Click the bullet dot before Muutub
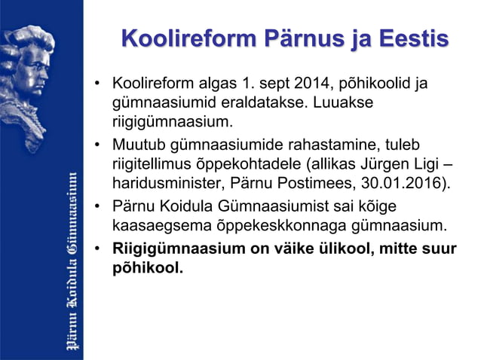(x=98, y=144)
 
